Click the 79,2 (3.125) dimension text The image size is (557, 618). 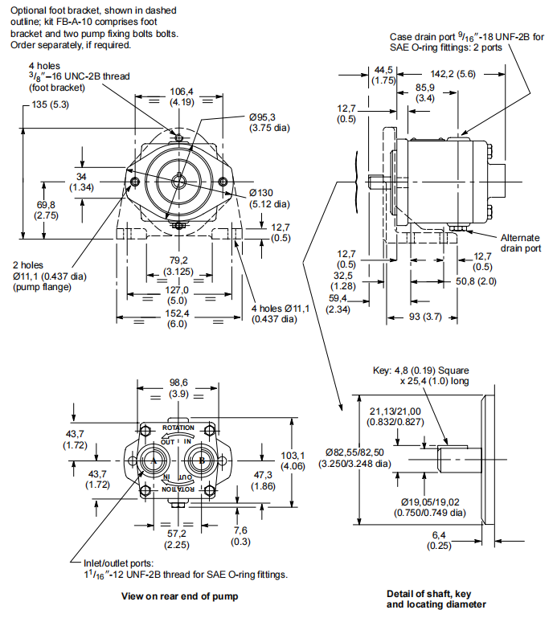pos(178,265)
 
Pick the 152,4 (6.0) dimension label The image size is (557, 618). pos(177,319)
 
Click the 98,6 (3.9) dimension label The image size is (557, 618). pos(178,388)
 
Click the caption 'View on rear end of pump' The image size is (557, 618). pos(179,597)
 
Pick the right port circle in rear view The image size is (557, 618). pos(201,460)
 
